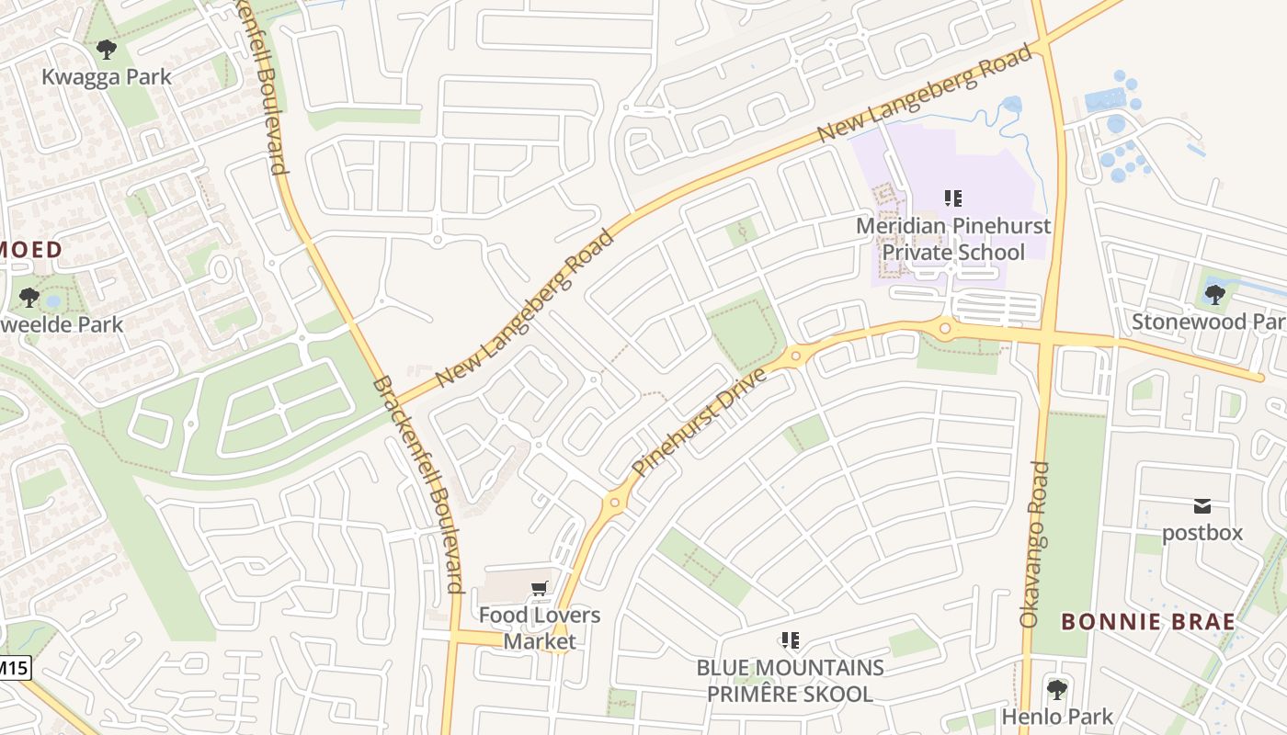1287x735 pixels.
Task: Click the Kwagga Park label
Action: pos(107,76)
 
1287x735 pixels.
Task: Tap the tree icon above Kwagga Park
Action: pos(107,49)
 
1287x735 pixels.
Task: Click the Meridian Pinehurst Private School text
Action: pos(953,239)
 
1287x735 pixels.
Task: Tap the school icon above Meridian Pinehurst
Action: pos(953,198)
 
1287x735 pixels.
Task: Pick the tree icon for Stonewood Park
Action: pos(1214,294)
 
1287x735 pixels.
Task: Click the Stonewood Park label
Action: pos(1208,322)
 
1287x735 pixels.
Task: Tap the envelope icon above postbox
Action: pos(1202,505)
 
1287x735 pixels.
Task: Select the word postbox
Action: pos(1202,533)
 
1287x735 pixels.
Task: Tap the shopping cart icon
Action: pos(540,588)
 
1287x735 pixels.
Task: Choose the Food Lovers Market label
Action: pos(540,628)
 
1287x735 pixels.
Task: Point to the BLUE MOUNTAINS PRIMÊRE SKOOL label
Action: pos(790,681)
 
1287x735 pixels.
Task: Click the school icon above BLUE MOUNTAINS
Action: pos(790,639)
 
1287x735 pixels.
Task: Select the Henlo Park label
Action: pos(1057,717)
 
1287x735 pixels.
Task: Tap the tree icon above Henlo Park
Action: pos(1057,688)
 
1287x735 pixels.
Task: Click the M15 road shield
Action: pos(13,668)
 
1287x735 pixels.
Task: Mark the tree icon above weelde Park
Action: pos(29,297)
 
